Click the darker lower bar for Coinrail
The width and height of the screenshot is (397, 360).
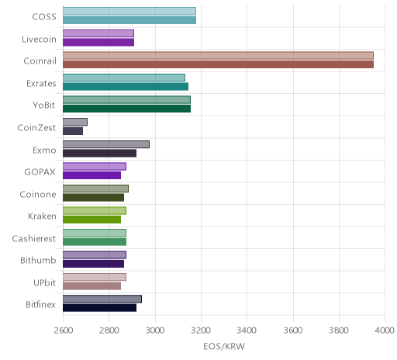point(218,64)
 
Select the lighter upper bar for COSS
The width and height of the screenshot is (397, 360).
point(129,11)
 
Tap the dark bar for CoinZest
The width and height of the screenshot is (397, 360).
point(73,131)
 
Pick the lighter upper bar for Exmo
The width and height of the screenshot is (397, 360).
point(106,144)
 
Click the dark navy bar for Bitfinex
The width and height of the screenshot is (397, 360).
point(99,308)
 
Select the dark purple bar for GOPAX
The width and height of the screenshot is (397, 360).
point(91,175)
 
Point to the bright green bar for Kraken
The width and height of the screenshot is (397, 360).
point(91,220)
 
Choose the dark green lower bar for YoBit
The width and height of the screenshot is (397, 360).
point(126,109)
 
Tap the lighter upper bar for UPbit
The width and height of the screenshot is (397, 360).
point(95,277)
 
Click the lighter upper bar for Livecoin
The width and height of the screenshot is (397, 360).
point(98,33)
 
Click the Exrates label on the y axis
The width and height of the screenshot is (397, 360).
point(41,84)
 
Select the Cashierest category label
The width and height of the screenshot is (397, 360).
point(34,238)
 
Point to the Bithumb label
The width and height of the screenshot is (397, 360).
point(38,260)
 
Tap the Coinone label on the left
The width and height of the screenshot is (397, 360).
point(38,194)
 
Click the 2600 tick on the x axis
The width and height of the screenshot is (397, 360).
point(64,331)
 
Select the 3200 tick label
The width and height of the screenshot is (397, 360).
point(201,331)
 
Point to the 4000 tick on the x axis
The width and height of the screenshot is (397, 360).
point(385,331)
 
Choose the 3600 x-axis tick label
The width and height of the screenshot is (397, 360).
point(293,331)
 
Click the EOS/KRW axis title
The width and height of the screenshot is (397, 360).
point(224,346)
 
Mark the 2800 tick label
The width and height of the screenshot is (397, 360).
point(109,331)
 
